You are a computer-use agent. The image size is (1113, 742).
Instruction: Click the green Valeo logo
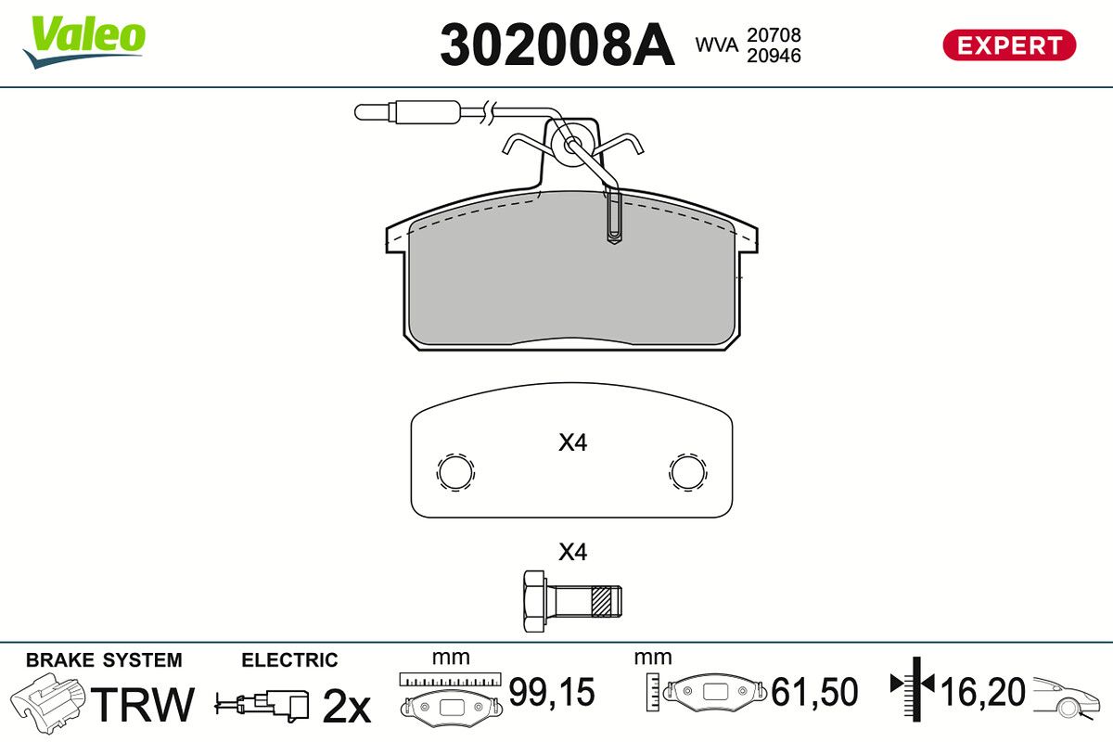84,42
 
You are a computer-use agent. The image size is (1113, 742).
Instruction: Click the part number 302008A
557,45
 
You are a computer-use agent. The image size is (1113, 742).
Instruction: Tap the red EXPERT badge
1009,45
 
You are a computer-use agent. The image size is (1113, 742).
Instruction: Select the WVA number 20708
774,35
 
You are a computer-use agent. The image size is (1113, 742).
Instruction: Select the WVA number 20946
774,56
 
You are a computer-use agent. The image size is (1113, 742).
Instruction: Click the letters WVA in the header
716,45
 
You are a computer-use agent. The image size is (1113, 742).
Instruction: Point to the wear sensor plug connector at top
408,111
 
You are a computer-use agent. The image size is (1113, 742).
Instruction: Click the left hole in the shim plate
455,472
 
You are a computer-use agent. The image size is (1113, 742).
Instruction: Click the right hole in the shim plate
687,472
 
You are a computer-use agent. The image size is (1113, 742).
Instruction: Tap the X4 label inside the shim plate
572,442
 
